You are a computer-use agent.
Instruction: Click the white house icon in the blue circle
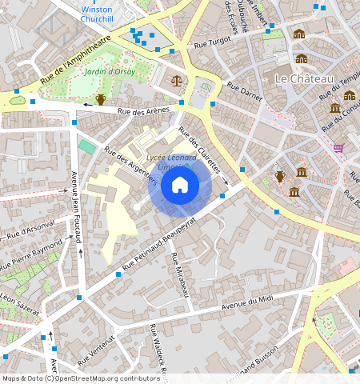[x=180, y=186]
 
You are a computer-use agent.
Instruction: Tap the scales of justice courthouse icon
[x=177, y=80]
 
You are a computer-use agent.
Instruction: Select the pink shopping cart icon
[x=338, y=148]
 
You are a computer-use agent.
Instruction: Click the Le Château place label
[x=303, y=78]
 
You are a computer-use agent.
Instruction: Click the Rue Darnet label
[x=245, y=95]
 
